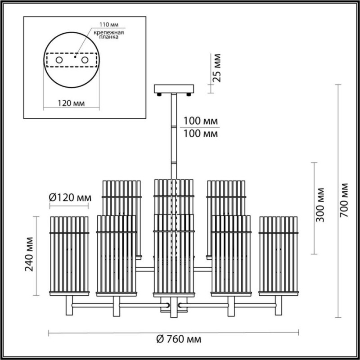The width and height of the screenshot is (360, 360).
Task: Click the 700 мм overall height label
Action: tap(344, 200)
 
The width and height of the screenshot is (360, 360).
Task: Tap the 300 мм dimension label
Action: tap(320, 205)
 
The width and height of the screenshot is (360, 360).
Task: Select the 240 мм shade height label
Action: tap(29, 254)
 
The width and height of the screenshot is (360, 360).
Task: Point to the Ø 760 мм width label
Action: tap(179, 339)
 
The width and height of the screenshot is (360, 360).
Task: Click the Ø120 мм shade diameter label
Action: tap(70, 197)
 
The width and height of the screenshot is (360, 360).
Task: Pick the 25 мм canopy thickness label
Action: tap(216, 68)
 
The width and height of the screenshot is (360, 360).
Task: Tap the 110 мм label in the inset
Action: tap(109, 24)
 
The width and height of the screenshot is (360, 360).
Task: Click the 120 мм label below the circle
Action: tap(71, 103)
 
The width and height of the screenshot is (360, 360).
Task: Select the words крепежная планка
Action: tap(108, 35)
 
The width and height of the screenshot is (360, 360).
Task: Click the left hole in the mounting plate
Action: tap(59, 60)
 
